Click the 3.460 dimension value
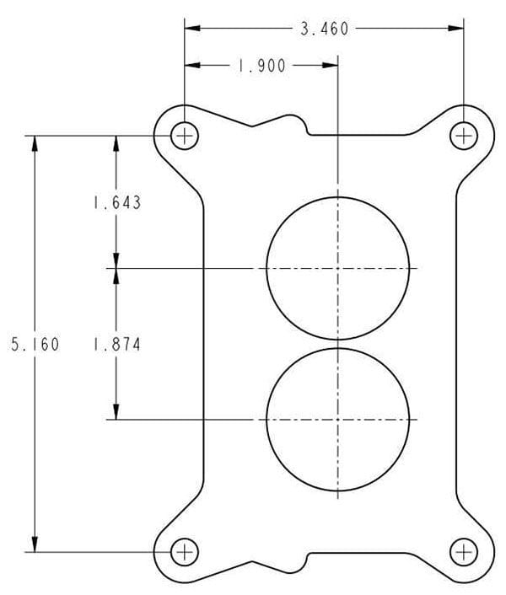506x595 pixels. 325,29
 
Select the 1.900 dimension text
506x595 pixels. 261,67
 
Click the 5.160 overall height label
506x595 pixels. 35,344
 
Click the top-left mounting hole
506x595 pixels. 184,135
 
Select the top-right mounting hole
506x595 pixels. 463,135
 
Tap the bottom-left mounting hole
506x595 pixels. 184,552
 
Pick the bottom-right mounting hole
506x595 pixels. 463,552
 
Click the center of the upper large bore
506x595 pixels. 337,268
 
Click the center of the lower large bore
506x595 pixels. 337,419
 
